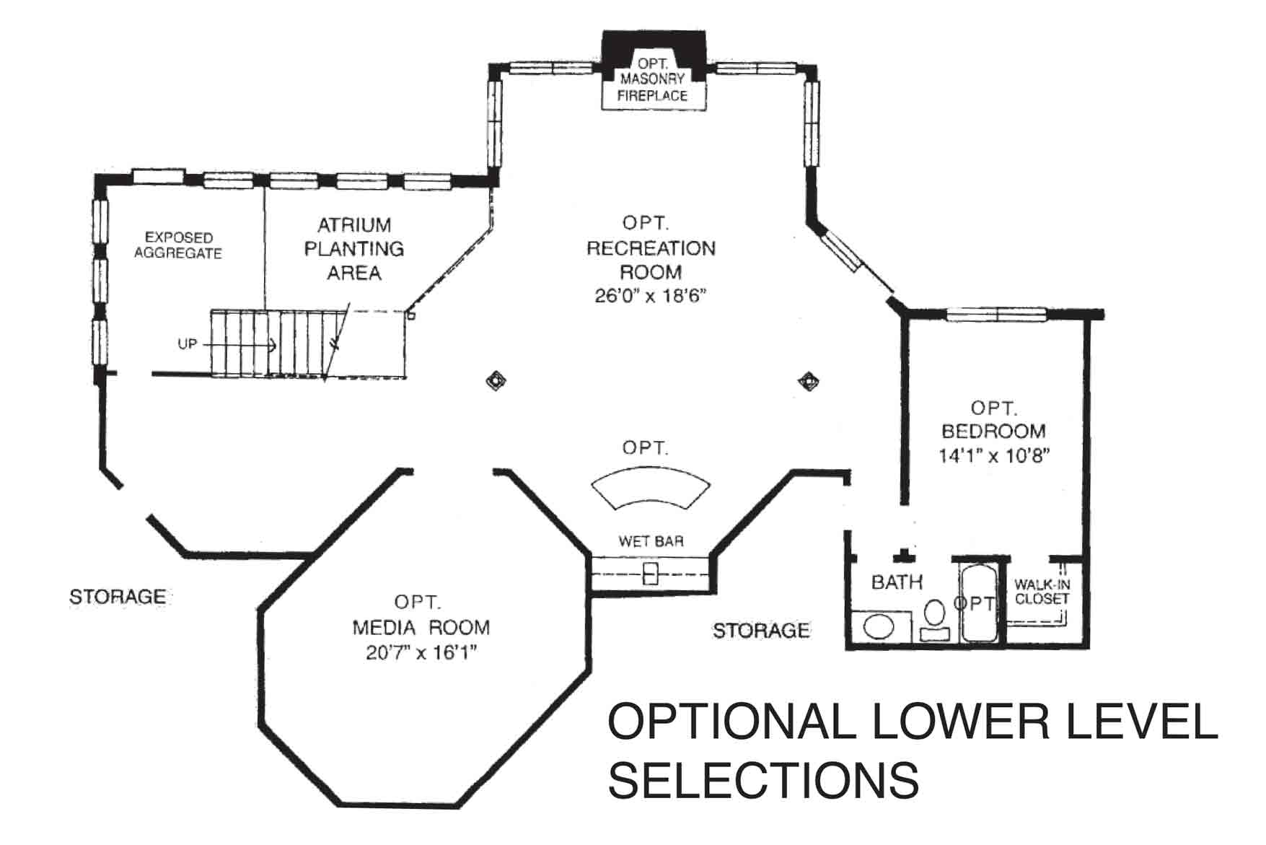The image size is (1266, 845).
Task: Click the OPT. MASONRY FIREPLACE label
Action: pyautogui.click(x=653, y=79)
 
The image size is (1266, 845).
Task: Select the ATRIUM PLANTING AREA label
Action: pyautogui.click(x=353, y=249)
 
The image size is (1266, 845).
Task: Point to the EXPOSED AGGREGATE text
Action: pyautogui.click(x=178, y=245)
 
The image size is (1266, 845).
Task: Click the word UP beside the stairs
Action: pyautogui.click(x=188, y=344)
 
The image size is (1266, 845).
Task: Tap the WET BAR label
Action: pyautogui.click(x=651, y=541)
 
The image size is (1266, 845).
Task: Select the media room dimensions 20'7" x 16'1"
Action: pyautogui.click(x=421, y=653)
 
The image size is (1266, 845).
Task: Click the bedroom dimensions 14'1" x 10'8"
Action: pyautogui.click(x=993, y=456)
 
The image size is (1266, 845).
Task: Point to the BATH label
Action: pyautogui.click(x=897, y=582)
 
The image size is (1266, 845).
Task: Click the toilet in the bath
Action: pyautogui.click(x=935, y=621)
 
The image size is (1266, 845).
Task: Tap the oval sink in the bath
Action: pyautogui.click(x=878, y=626)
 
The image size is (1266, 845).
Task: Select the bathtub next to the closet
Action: pyautogui.click(x=978, y=603)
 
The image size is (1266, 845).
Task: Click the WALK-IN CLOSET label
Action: pyautogui.click(x=1042, y=592)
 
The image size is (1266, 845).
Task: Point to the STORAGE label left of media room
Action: pyautogui.click(x=118, y=597)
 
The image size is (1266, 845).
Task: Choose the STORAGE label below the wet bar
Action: pyautogui.click(x=761, y=631)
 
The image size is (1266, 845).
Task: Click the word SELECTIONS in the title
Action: pyautogui.click(x=763, y=779)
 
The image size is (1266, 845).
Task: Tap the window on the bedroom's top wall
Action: pyautogui.click(x=996, y=314)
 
